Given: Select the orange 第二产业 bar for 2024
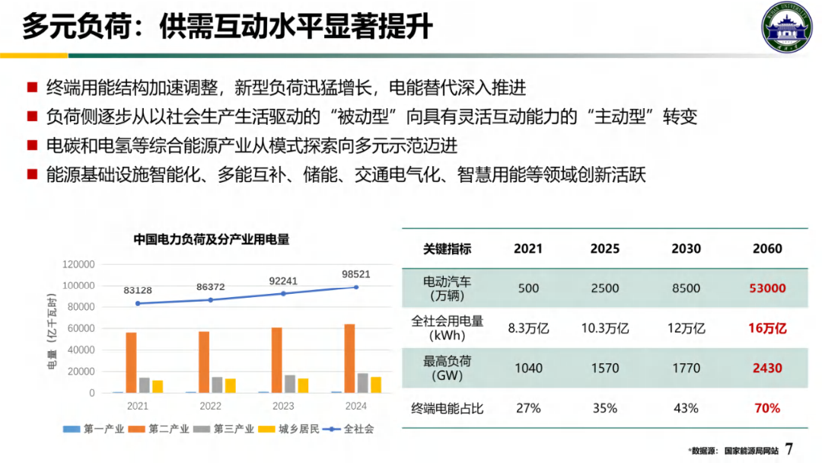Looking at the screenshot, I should pos(349,359).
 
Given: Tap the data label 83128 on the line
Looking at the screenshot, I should pos(138,290).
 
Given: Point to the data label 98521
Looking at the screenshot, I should pos(355,274).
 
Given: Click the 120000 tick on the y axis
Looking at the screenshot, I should pos(78,264).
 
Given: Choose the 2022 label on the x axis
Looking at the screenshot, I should pos(211,406).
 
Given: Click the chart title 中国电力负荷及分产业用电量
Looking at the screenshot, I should pos(212,238).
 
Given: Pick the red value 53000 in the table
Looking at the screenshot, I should pos(767,289).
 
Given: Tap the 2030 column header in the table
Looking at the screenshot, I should pos(686,249).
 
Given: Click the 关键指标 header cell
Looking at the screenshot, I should pos(448,249).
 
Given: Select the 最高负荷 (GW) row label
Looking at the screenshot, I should pos(448,368).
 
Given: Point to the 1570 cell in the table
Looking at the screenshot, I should pos(605,368).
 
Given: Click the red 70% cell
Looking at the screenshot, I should pos(767,408).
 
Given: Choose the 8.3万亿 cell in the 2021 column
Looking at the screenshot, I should pos(528,328).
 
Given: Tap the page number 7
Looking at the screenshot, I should pos(789,449).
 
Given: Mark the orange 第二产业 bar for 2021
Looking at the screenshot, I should pos(132,362).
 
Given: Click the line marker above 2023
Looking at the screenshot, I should pos(283,293).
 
